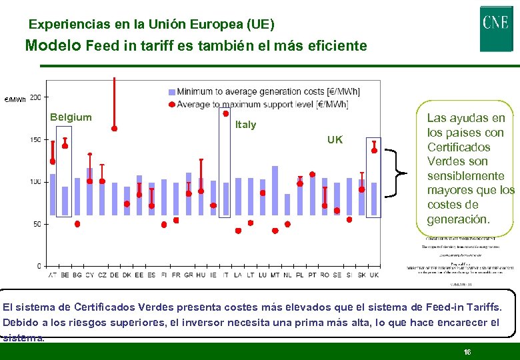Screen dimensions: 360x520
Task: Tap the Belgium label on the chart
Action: click(71, 117)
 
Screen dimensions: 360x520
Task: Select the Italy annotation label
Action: click(245, 125)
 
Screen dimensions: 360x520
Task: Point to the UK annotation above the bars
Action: click(335, 140)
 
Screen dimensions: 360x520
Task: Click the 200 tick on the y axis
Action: click(35, 97)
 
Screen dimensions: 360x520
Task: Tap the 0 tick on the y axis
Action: click(39, 266)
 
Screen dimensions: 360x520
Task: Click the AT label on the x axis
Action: click(53, 275)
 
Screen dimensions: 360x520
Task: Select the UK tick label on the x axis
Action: click(374, 275)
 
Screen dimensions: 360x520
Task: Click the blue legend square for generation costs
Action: click(171, 92)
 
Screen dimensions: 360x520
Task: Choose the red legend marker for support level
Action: click(171, 105)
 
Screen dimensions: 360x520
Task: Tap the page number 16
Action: click(467, 351)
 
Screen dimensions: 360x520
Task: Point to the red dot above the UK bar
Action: click(374, 151)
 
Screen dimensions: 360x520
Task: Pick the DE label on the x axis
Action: click(114, 275)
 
